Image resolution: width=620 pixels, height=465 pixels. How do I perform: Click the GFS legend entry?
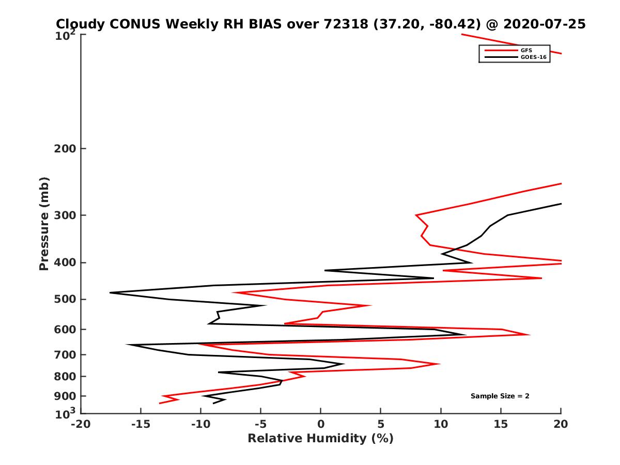(x=526, y=50)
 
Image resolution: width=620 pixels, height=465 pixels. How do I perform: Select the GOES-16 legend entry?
(x=532, y=57)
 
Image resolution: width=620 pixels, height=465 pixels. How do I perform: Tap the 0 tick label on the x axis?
(x=321, y=424)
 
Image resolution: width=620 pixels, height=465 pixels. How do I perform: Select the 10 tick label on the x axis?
(x=441, y=424)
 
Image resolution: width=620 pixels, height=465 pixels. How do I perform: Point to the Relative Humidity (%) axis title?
(x=320, y=439)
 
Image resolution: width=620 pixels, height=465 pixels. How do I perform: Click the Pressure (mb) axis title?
(x=44, y=223)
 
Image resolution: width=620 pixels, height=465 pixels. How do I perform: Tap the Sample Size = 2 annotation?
(x=500, y=396)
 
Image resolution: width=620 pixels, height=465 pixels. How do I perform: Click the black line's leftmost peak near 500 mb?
(x=110, y=293)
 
